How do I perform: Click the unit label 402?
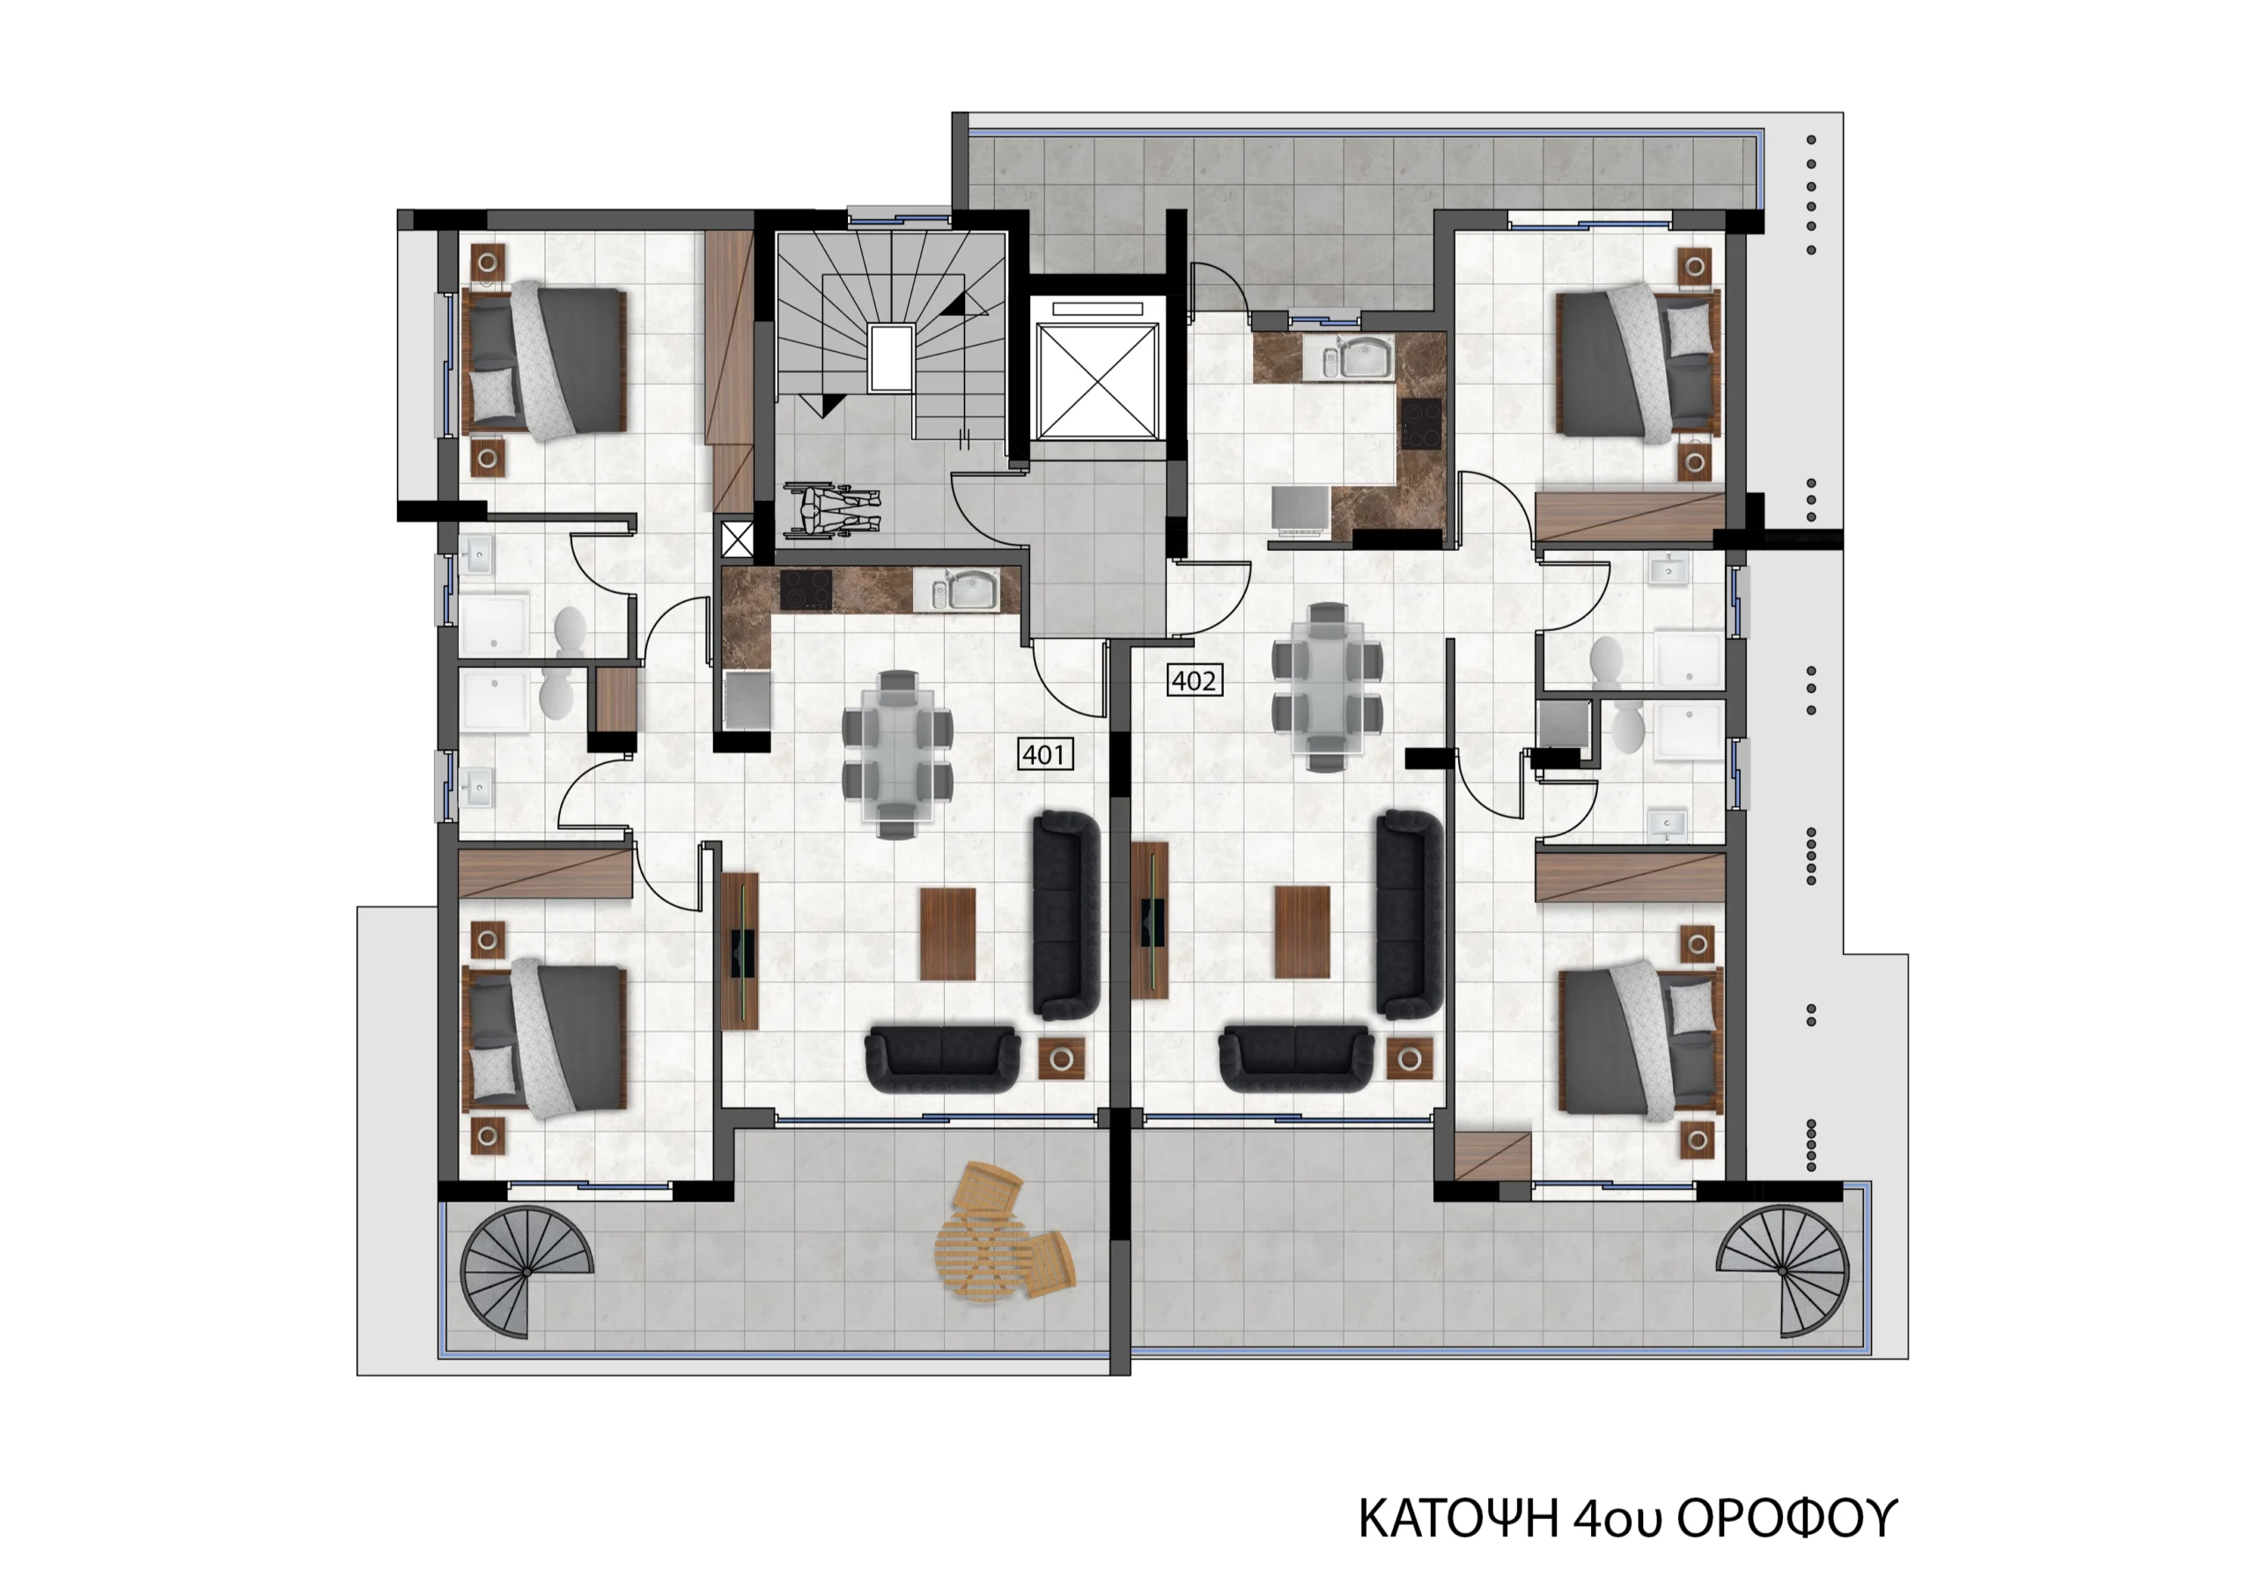1194,680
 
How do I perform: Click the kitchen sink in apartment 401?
956,591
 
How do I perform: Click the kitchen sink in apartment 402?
1357,357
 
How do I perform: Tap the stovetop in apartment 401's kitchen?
805,590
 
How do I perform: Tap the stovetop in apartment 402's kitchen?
1420,424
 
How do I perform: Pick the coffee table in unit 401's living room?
947,934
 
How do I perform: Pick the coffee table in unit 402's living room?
1301,931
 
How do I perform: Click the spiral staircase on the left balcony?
527,1272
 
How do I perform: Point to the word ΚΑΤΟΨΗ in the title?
1458,1517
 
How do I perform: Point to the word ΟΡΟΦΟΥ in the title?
1786,1517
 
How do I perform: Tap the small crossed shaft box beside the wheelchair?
737,539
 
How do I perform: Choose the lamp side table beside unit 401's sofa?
1061,1059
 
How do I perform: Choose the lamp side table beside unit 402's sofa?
1410,1059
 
